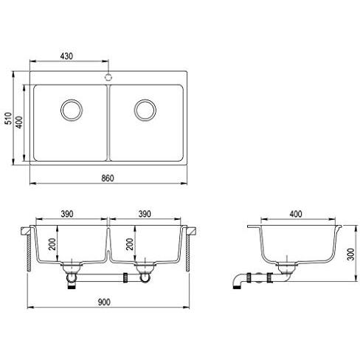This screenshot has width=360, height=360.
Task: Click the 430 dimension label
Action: coord(66,56)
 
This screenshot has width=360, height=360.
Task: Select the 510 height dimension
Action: coord(9,118)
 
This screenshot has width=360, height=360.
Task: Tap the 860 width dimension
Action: coord(108,179)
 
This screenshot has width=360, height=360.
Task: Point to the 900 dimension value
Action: coord(104,302)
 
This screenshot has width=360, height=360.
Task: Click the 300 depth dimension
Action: coord(351,255)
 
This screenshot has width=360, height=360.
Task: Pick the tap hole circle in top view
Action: coord(108,77)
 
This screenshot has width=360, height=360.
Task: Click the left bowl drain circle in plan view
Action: coord(72,110)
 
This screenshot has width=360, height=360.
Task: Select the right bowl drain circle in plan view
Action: coord(145,110)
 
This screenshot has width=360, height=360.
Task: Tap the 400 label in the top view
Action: coord(19,122)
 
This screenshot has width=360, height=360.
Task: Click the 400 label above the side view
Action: coord(296,214)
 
